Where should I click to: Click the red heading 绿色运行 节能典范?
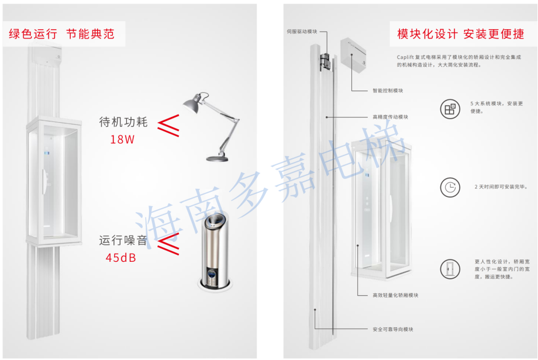(x=61, y=34)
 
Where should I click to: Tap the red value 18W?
(x=122, y=139)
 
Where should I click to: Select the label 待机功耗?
(x=123, y=122)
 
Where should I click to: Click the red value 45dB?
(x=121, y=258)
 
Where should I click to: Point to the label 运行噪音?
(x=123, y=240)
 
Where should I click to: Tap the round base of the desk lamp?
(x=217, y=158)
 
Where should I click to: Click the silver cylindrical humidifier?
(x=216, y=251)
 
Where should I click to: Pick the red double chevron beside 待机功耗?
(x=168, y=126)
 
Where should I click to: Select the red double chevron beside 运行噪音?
(x=168, y=244)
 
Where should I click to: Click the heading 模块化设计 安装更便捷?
(x=461, y=34)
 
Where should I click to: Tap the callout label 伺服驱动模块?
(x=302, y=32)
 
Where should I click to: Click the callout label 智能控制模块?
(x=388, y=91)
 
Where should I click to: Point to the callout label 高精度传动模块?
(x=391, y=117)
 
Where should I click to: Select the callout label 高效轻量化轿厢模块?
(x=395, y=295)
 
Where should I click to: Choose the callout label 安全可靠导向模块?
(x=393, y=329)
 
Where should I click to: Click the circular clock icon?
(x=450, y=187)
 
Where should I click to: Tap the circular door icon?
(x=450, y=269)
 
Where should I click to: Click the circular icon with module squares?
(x=450, y=109)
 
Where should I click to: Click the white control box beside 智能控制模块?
(x=353, y=55)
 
